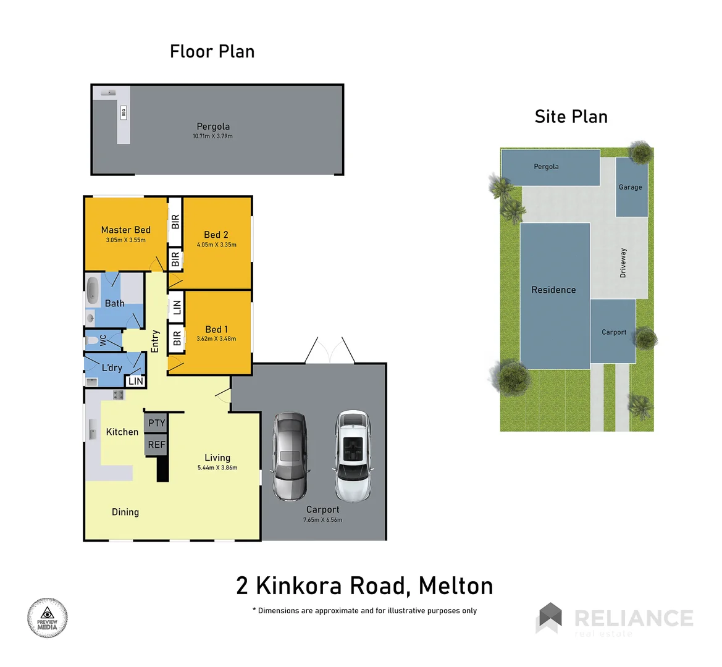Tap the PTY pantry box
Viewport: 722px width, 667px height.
pyautogui.click(x=157, y=423)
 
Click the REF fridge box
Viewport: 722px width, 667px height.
pyautogui.click(x=156, y=445)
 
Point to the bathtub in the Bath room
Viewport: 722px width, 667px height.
pyautogui.click(x=92, y=291)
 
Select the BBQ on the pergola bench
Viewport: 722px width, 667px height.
pyautogui.click(x=124, y=112)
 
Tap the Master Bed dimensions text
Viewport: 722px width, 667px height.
pyautogui.click(x=125, y=240)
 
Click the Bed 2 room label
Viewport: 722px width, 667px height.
pyautogui.click(x=216, y=235)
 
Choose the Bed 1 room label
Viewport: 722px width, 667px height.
pyautogui.click(x=216, y=329)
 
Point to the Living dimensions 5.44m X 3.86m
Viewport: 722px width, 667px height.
pyautogui.click(x=217, y=468)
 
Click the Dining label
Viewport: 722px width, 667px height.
pyautogui.click(x=125, y=512)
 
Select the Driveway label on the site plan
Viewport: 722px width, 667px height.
pyautogui.click(x=623, y=263)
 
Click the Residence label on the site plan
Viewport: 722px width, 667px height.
pyautogui.click(x=553, y=290)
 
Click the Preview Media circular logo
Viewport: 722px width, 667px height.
pyautogui.click(x=47, y=618)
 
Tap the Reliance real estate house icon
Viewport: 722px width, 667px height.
pyautogui.click(x=550, y=618)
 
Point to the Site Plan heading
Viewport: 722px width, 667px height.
pyautogui.click(x=571, y=117)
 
